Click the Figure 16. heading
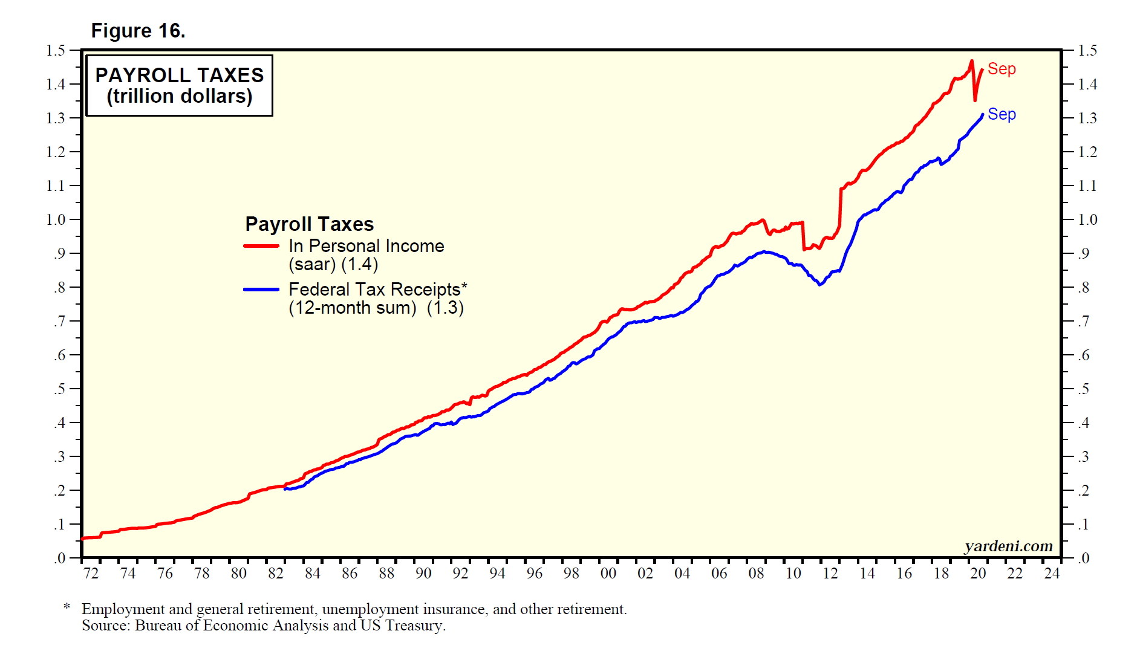tap(138, 31)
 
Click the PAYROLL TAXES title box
tap(180, 85)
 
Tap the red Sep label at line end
tap(1002, 69)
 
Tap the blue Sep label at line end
tap(1002, 114)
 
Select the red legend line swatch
tap(261, 246)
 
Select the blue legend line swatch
tap(261, 290)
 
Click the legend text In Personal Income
tap(366, 246)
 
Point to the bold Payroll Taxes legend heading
tap(309, 224)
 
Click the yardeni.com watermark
tap(1008, 546)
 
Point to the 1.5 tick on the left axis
tap(56, 50)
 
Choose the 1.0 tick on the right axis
tap(1087, 219)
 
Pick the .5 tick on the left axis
tap(59, 389)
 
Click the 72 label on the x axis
tap(91, 573)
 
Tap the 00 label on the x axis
tap(608, 573)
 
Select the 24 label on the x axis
tap(1052, 573)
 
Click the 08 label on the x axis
tap(756, 573)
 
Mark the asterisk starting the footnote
tap(67, 606)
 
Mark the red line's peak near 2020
tap(971, 61)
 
